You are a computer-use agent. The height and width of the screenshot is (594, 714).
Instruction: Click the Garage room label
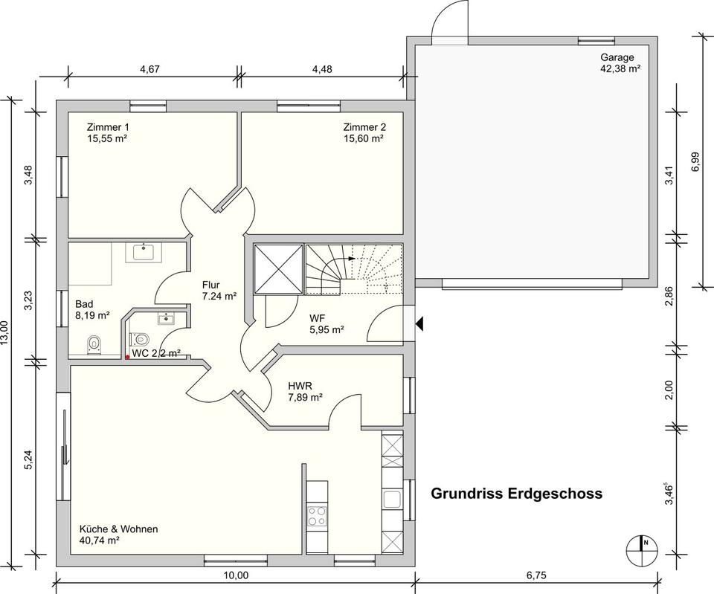click(x=617, y=58)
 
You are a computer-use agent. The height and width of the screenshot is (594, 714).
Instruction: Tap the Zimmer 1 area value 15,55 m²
click(x=106, y=138)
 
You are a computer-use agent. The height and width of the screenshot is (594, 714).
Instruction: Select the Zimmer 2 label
click(x=364, y=127)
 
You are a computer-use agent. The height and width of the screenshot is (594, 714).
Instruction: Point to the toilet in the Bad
click(x=94, y=345)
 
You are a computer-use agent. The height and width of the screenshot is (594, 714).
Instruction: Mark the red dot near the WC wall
click(x=127, y=358)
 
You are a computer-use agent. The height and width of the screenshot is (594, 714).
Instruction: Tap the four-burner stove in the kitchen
click(x=317, y=516)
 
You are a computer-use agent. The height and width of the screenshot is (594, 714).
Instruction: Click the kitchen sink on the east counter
click(x=392, y=500)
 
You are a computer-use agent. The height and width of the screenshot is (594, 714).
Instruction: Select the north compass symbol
click(x=641, y=548)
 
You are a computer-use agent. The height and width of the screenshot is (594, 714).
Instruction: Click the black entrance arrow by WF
click(x=419, y=323)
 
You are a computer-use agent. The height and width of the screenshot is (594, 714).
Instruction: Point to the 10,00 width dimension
click(x=237, y=575)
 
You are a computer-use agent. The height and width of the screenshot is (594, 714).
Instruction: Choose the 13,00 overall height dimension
click(x=4, y=334)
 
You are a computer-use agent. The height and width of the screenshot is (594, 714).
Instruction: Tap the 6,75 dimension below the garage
click(x=536, y=575)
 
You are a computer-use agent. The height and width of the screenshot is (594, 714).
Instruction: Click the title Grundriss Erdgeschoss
click(x=516, y=494)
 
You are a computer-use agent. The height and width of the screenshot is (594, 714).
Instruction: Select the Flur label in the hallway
click(x=210, y=285)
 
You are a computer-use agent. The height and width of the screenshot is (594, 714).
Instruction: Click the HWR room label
click(x=300, y=386)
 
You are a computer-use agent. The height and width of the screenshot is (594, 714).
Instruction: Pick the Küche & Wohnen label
click(x=118, y=529)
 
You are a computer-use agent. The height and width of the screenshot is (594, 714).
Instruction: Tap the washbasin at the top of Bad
click(x=144, y=252)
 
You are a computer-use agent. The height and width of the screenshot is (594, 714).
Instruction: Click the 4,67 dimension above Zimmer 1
click(x=149, y=69)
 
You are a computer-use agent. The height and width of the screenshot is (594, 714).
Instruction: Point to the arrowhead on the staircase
click(x=352, y=258)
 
